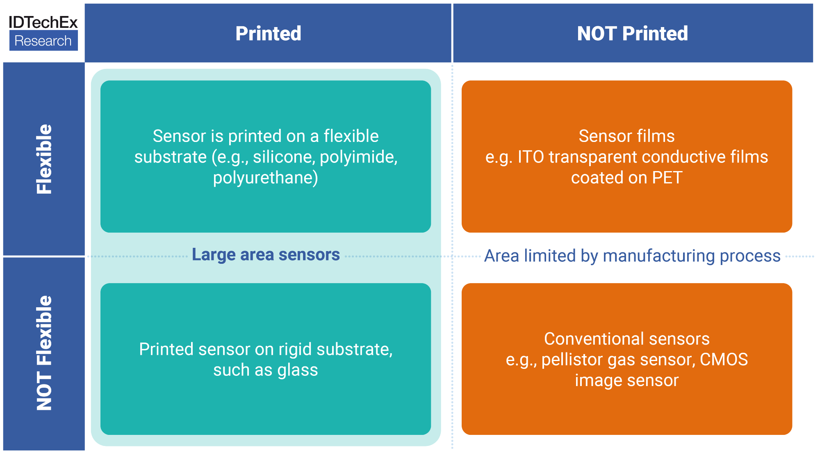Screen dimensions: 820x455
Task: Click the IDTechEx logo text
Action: point(43,22)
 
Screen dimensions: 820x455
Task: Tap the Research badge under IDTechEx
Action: point(43,41)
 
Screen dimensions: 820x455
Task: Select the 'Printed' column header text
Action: point(268,34)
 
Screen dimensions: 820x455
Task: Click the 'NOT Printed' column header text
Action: point(632,34)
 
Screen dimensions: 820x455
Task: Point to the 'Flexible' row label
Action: point(44,159)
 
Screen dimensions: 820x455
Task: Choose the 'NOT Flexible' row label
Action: point(44,353)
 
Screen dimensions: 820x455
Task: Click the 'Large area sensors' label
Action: point(266,255)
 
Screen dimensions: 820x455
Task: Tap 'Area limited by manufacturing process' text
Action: point(632,256)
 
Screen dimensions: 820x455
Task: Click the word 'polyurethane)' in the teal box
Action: point(266,178)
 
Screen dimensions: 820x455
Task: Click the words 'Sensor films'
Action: point(626,136)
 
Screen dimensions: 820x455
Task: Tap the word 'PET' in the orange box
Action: point(667,178)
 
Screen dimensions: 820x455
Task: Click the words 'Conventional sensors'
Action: point(626,339)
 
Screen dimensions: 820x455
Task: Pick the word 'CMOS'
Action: point(724,360)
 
